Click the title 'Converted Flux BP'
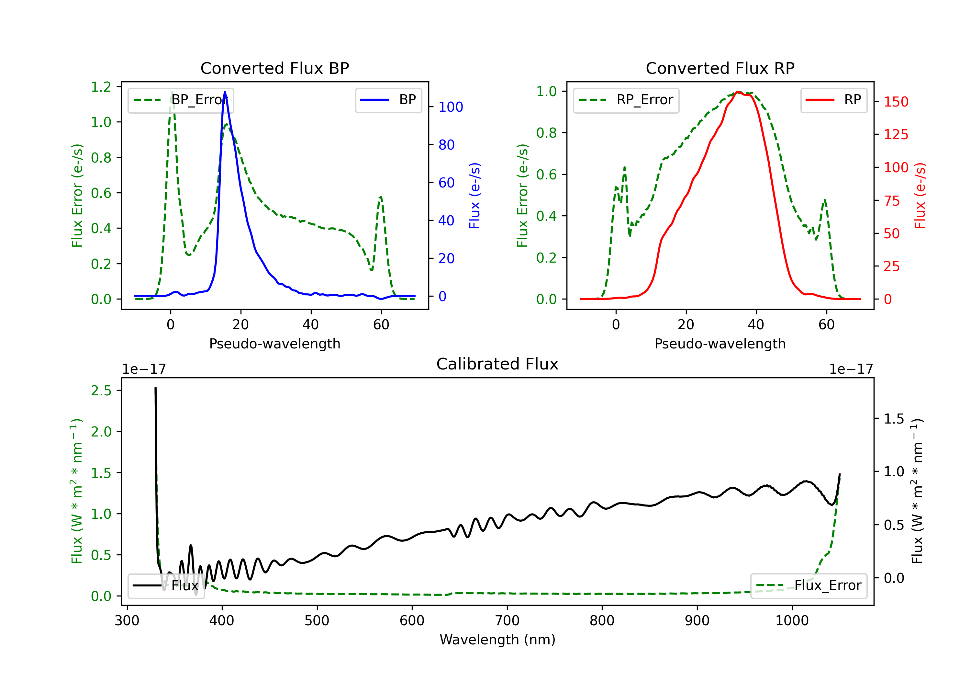pos(274,68)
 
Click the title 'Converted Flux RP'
pos(720,68)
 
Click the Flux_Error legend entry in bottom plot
pos(808,586)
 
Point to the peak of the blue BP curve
pos(225,92)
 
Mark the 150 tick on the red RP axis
pos(896,102)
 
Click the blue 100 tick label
pos(451,107)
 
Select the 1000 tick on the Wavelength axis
pos(792,621)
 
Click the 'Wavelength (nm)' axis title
pos(497,640)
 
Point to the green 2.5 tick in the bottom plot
pos(101,391)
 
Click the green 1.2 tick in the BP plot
pos(101,87)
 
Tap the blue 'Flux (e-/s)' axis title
pos(474,196)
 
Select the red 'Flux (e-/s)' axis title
pos(920,196)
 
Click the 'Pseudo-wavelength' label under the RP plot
pos(720,344)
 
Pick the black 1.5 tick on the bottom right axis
pos(894,419)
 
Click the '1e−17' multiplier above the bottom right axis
pos(851,369)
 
